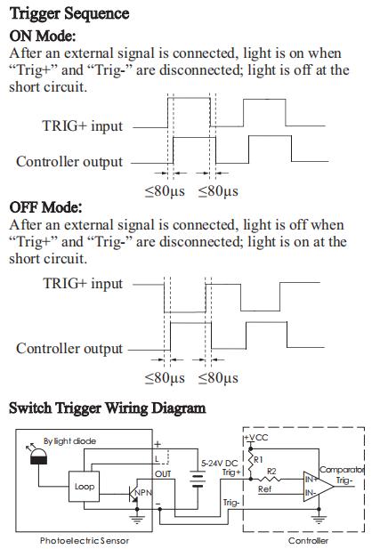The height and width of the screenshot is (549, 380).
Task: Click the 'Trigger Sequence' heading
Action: (69, 14)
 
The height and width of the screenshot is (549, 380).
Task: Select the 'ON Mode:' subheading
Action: (43, 36)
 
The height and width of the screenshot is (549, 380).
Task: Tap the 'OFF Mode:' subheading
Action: (45, 207)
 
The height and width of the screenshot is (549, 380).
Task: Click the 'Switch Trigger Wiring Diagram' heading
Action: (107, 408)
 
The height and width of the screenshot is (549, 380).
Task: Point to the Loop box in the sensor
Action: (84, 487)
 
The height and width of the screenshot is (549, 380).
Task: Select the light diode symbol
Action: (38, 456)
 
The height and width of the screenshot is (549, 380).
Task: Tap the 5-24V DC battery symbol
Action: (198, 480)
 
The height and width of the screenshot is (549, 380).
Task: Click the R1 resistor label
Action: (258, 459)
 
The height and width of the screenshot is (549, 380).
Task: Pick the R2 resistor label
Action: (271, 472)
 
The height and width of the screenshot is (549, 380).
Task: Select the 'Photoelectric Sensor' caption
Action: (85, 541)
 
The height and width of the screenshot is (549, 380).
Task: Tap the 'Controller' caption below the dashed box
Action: (308, 541)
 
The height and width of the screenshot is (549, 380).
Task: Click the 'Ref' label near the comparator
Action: (264, 489)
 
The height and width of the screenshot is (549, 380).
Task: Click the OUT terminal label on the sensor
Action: (163, 474)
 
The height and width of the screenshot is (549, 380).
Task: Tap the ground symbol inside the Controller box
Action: (319, 519)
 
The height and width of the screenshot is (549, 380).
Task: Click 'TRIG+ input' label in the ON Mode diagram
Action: (83, 125)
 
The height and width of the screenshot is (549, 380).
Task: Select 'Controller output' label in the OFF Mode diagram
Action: (69, 349)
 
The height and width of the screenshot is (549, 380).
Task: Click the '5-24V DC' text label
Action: (219, 464)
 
